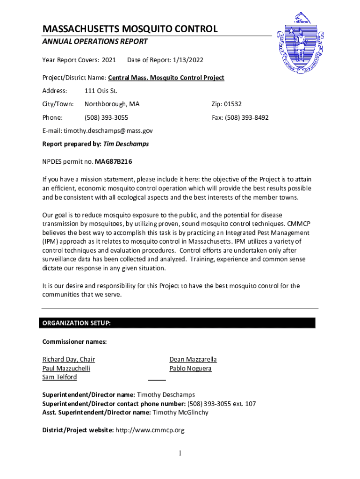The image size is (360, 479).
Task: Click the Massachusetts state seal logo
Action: [x=300, y=44]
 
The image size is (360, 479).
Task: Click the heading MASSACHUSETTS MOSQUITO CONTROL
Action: [x=130, y=29]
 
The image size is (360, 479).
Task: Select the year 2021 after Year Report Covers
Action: [x=108, y=60]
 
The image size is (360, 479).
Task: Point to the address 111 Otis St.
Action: [x=101, y=91]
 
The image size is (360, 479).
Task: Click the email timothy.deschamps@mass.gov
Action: [x=108, y=131]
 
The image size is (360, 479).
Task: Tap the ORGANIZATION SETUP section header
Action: [x=77, y=323]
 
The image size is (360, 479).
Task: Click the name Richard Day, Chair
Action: [x=69, y=359]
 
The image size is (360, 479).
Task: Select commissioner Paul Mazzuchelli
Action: [x=66, y=368]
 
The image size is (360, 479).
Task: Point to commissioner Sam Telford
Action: [x=60, y=377]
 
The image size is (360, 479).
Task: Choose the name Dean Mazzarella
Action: [x=193, y=359]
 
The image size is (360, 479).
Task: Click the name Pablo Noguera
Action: [x=190, y=368]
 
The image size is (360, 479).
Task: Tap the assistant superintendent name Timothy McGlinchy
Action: [x=180, y=413]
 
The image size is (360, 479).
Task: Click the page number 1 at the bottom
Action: [x=180, y=453]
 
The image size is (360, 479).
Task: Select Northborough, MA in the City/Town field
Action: [x=112, y=104]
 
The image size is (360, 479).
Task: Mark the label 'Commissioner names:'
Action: [x=75, y=342]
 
